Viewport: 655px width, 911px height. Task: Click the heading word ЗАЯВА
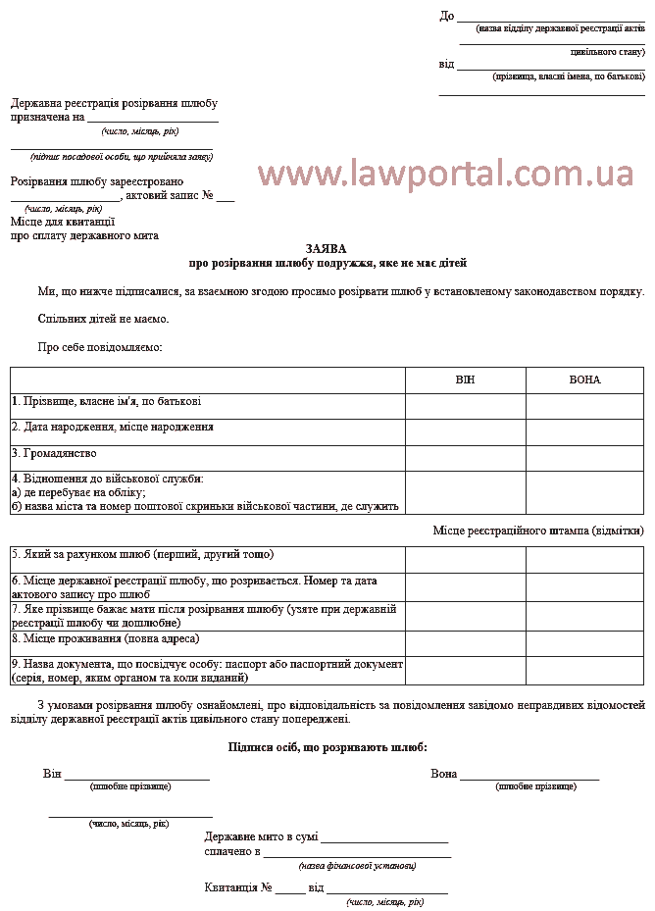[327, 249]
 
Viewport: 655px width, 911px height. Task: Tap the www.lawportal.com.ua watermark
[446, 174]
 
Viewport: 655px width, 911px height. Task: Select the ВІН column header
[465, 380]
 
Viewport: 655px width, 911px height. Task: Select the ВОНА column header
[584, 380]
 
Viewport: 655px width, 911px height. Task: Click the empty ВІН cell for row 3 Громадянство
[465, 458]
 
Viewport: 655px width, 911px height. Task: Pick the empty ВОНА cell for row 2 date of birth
[584, 431]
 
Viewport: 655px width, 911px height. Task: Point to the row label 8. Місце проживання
[105, 638]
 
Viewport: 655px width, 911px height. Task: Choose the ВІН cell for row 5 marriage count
[465, 559]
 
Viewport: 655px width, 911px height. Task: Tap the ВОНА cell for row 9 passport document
[584, 671]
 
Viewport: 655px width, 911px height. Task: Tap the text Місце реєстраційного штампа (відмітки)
[538, 531]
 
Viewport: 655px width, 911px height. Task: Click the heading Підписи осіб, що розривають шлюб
[327, 747]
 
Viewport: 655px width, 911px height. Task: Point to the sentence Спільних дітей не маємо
[103, 319]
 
